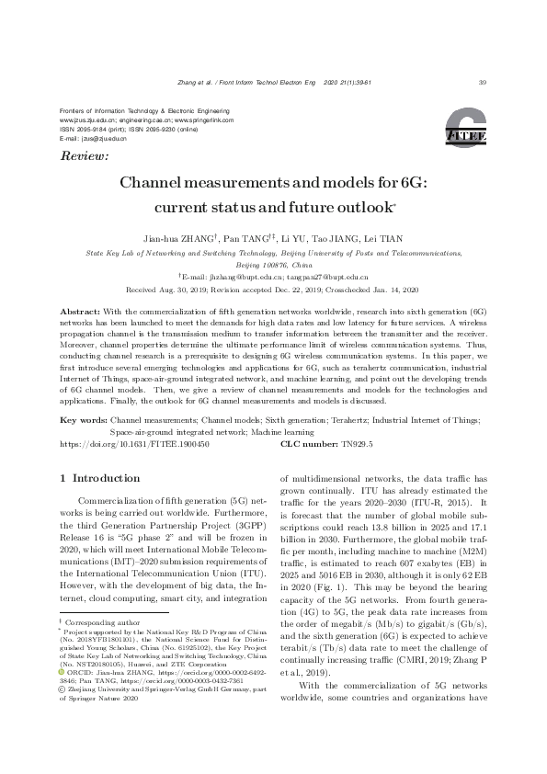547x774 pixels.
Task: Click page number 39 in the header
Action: click(483, 84)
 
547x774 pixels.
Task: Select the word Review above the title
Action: click(83, 157)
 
